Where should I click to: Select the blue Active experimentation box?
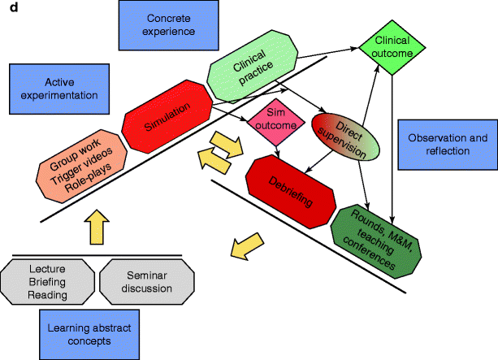coord(54,89)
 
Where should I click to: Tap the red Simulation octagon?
coord(167,113)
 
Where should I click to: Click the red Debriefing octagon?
coord(291,189)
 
